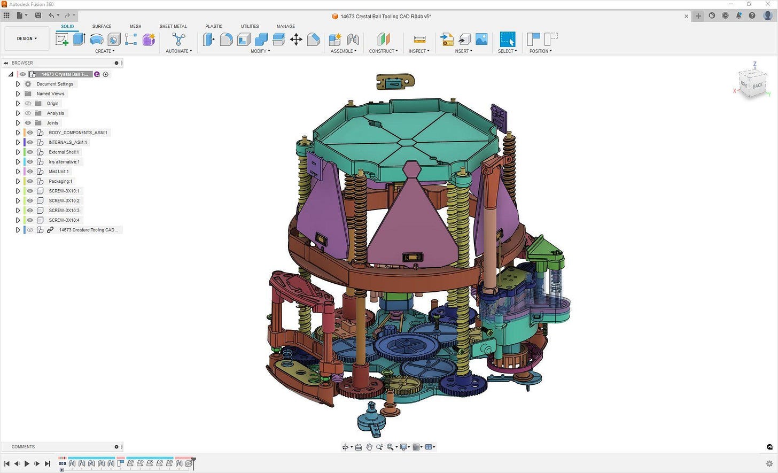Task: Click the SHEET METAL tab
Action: (x=173, y=26)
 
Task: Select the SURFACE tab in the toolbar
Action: (x=102, y=26)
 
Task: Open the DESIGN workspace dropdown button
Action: (x=27, y=38)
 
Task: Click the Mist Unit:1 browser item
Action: (x=58, y=172)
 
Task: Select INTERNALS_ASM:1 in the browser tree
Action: (x=68, y=142)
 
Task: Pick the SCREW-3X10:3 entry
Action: (x=64, y=211)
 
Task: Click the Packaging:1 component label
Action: (x=60, y=181)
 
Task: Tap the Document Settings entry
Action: (x=55, y=84)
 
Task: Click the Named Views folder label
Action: (x=50, y=94)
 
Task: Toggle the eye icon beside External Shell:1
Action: (x=30, y=152)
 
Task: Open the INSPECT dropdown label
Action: (x=419, y=51)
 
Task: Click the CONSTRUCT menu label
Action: (x=383, y=51)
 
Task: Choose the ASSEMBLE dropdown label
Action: (x=343, y=51)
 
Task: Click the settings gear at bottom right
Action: (x=769, y=463)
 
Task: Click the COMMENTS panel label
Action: (x=23, y=447)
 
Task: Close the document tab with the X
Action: (x=686, y=17)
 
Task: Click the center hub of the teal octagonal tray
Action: (x=406, y=142)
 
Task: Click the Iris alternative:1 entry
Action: (x=64, y=162)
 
